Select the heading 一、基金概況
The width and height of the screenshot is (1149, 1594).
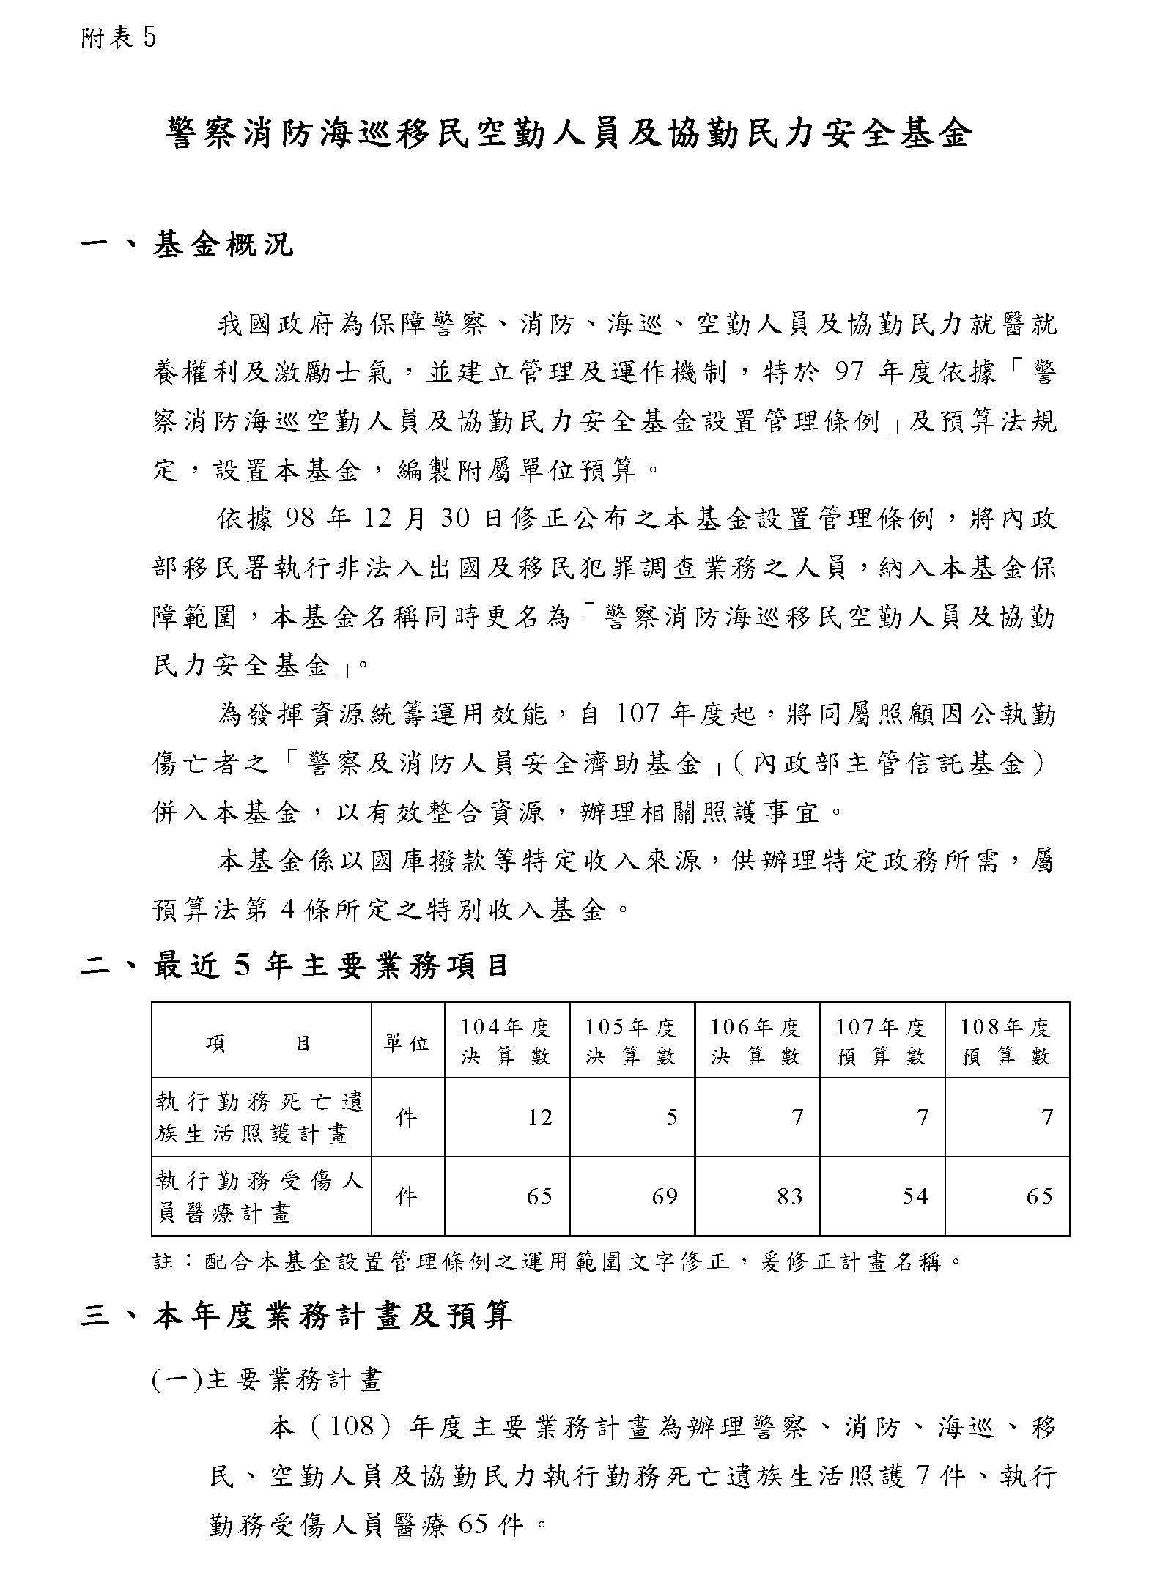[187, 245]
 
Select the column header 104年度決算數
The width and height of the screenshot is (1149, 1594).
[506, 1042]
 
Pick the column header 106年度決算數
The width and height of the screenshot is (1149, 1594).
[755, 1042]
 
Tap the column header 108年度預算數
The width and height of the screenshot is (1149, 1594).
[1006, 1042]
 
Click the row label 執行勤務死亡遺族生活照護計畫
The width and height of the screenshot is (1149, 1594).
[260, 1118]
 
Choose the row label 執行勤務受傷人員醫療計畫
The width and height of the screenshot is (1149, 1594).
[260, 1197]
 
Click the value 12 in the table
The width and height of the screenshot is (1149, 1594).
[539, 1118]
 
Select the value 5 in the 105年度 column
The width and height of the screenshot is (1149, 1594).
[671, 1118]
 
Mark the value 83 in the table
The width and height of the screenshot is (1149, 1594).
[789, 1197]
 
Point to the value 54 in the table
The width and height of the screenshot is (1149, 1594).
[915, 1197]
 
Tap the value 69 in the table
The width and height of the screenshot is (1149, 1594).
[664, 1197]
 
